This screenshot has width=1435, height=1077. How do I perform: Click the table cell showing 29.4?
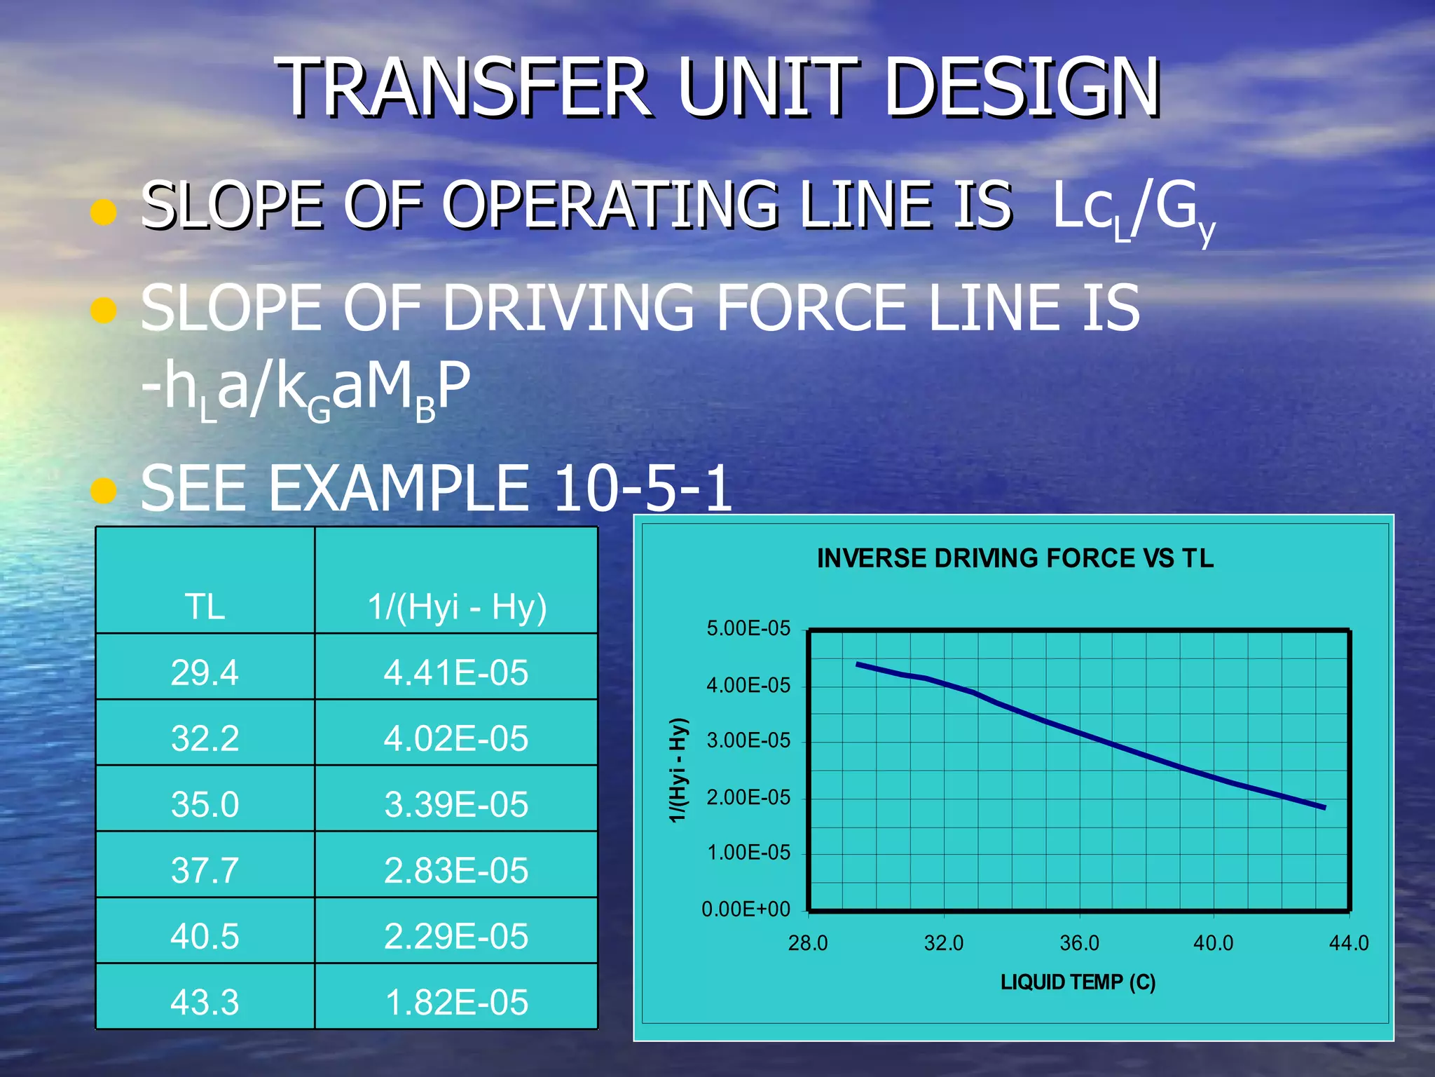[205, 672]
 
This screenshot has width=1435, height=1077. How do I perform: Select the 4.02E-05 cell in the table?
[455, 738]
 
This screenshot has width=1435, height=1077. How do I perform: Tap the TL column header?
[205, 607]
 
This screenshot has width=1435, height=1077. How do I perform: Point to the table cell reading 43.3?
[205, 1002]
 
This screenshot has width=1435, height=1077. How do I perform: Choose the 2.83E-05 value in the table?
[455, 870]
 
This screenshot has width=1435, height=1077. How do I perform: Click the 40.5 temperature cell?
[205, 936]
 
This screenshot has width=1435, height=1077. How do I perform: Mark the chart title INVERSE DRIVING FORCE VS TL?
[1015, 558]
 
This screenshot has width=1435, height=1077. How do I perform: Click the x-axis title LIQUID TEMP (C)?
[1078, 982]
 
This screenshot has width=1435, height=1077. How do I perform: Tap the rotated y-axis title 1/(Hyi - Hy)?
[678, 770]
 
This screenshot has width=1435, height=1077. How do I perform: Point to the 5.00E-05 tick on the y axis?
[748, 628]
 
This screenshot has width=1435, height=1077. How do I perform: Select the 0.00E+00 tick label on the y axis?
[746, 909]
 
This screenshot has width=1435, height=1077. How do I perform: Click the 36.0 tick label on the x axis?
[1079, 943]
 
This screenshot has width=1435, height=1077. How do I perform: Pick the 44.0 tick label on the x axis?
[1348, 943]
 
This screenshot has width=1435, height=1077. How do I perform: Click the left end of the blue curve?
[858, 663]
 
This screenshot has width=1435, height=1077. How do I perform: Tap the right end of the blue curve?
[1324, 808]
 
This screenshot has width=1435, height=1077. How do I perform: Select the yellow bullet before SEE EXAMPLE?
[103, 491]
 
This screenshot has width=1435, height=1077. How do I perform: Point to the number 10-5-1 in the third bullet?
[642, 488]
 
